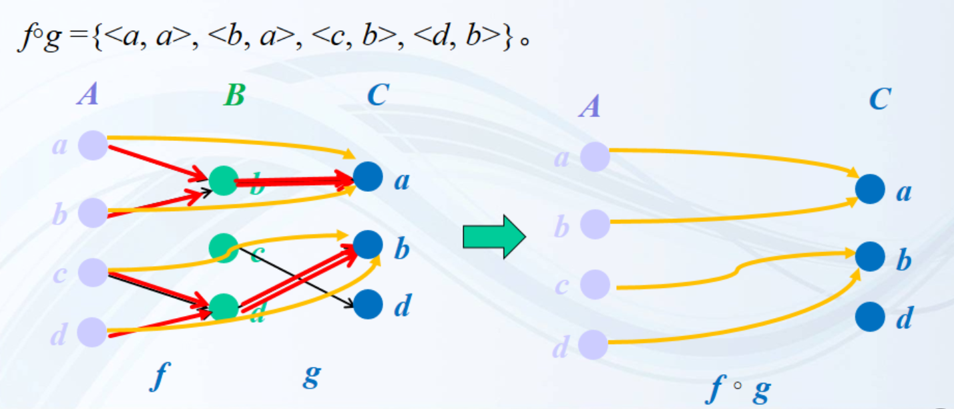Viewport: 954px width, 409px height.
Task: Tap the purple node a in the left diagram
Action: coord(93,145)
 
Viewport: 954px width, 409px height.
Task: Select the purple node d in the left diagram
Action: coord(93,332)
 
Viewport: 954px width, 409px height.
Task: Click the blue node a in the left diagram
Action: coord(367,176)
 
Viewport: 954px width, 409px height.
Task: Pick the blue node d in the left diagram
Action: coord(367,305)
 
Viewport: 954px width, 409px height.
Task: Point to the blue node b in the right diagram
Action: coord(870,256)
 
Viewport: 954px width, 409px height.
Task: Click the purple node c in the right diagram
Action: coord(595,285)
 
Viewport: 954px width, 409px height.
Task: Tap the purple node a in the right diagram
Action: coord(595,157)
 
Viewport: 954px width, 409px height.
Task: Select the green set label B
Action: coord(234,96)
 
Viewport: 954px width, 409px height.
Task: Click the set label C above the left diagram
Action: coord(377,96)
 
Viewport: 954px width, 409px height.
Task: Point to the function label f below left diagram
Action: coord(158,377)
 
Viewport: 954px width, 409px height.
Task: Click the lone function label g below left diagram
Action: coord(310,377)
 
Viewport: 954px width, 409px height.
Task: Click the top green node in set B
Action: coord(223,179)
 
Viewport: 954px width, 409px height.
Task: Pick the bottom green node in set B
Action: coord(224,307)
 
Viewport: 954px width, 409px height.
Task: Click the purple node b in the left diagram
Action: coord(93,213)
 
